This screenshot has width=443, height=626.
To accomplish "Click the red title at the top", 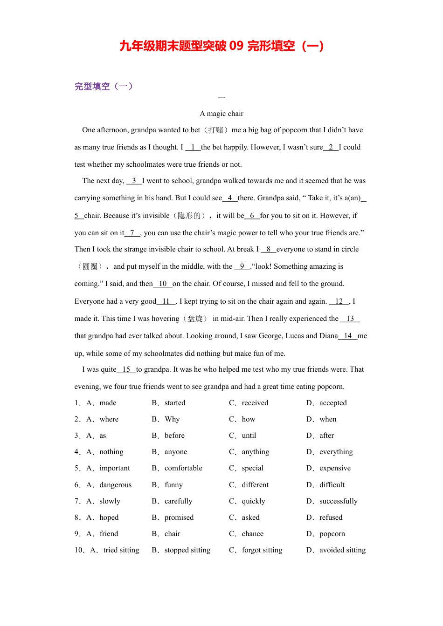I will (221, 46).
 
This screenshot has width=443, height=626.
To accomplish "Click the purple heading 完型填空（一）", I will (104, 86).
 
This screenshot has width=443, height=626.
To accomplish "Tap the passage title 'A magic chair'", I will (221, 114).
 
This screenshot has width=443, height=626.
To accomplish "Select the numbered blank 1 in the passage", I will (193, 147).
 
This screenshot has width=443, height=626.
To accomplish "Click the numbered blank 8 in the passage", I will (268, 249).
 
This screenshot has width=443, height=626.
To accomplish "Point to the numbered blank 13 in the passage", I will (350, 319).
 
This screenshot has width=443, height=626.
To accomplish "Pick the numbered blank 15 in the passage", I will (126, 369).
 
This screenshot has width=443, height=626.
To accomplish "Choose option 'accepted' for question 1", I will (333, 403).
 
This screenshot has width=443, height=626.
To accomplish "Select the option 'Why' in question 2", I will (172, 419).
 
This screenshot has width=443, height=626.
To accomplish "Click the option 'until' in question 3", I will (249, 435).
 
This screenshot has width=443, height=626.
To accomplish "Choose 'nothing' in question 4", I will (111, 452).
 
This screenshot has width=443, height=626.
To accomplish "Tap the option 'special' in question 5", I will (253, 468).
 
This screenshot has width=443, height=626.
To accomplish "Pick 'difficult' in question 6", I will (332, 485).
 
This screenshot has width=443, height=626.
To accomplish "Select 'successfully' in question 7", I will (339, 501).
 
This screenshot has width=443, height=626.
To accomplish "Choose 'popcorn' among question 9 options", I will (332, 534).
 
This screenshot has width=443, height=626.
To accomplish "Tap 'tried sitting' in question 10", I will (121, 550).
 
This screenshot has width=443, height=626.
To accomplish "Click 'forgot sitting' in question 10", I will (262, 550).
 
